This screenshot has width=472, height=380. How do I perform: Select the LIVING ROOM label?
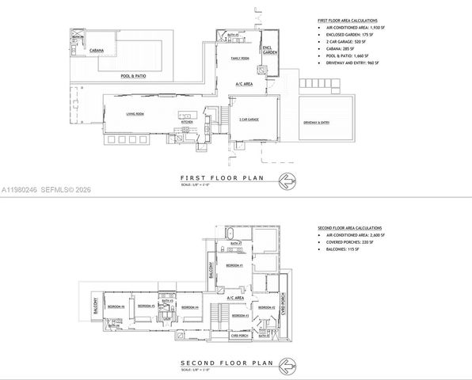pyautogui.click(x=135, y=115)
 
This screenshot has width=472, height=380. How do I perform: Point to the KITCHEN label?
pyautogui.click(x=187, y=121)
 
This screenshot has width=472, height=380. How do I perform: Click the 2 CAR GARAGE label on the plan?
pyautogui.click(x=249, y=118)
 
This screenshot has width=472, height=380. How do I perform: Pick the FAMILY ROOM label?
pyautogui.click(x=241, y=59)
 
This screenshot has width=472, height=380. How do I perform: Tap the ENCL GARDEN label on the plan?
pyautogui.click(x=269, y=48)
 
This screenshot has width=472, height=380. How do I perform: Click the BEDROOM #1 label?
pyautogui.click(x=234, y=266)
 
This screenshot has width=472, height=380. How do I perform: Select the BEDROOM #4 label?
pyautogui.click(x=190, y=306)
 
